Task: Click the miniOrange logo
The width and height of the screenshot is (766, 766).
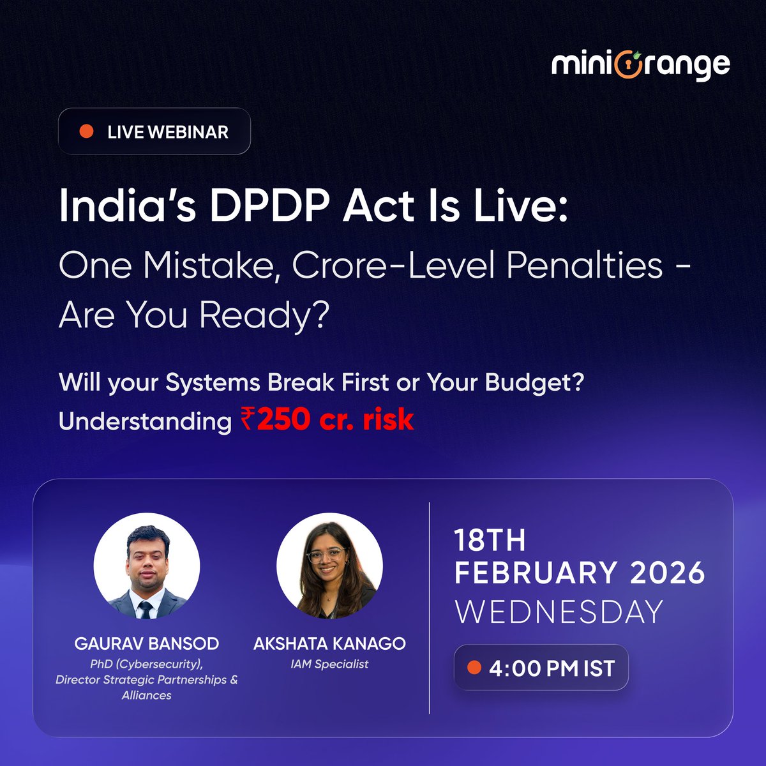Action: [640, 64]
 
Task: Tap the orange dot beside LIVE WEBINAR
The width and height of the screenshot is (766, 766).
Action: [86, 131]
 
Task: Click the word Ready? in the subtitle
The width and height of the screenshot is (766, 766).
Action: [264, 315]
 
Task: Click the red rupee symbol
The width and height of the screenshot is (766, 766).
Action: [248, 420]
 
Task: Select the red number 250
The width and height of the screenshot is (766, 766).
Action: [283, 420]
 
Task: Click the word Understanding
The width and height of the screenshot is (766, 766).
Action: [145, 421]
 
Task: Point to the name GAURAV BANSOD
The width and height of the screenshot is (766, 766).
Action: [147, 643]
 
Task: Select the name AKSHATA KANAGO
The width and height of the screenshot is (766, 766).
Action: [329, 643]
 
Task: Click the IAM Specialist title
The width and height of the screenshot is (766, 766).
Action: [329, 664]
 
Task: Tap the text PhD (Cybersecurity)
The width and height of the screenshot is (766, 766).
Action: [146, 664]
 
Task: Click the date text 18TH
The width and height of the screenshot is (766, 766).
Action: [490, 541]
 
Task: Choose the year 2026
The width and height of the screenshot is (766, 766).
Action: [667, 573]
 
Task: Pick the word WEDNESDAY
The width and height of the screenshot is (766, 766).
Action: [559, 612]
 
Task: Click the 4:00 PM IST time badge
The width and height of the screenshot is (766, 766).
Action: [541, 668]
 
